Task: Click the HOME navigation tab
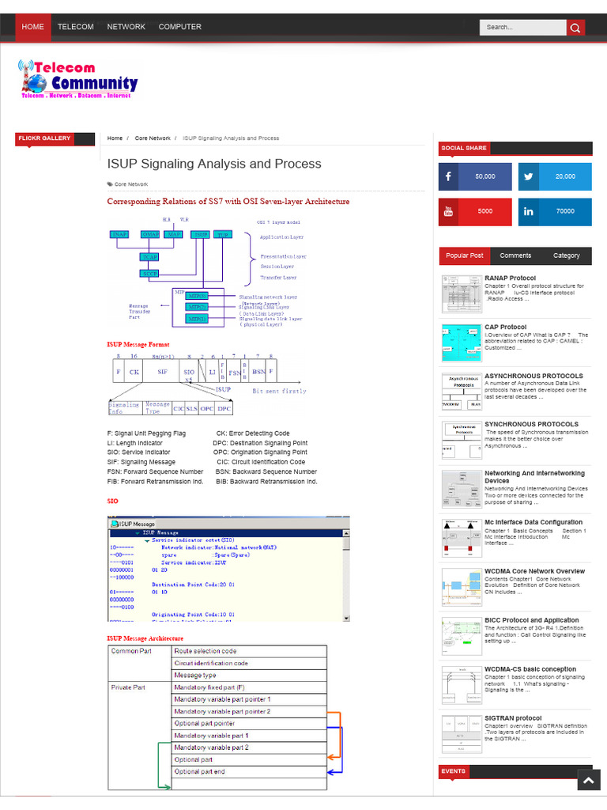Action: pos(33,27)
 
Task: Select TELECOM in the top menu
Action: pos(76,27)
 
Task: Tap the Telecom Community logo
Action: pos(78,79)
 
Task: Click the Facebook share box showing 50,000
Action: pos(475,176)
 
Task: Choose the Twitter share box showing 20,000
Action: pos(555,176)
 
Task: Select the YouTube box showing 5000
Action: pos(475,211)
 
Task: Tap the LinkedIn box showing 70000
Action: pos(555,211)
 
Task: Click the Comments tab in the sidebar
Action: pos(515,255)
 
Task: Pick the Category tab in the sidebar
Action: pos(566,255)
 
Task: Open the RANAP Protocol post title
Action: pos(510,278)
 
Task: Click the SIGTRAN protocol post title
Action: pos(513,718)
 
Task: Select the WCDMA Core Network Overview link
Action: pos(534,571)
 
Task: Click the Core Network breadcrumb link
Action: pos(153,138)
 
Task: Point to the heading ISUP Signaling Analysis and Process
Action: pos(214,164)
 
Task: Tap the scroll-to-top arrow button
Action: pos(588,782)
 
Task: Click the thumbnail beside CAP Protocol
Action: pos(461,343)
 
